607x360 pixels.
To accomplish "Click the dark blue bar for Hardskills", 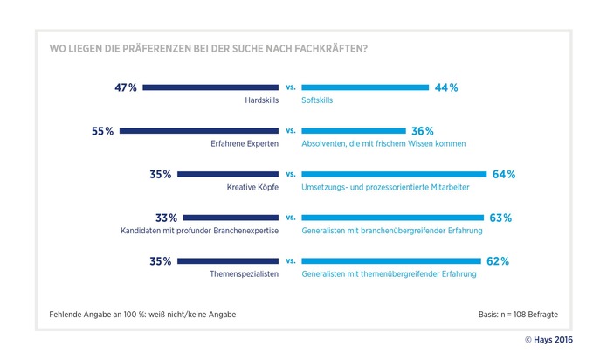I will point(210,87).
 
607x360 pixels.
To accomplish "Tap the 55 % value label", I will point(103,131).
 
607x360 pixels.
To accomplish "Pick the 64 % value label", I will point(504,175).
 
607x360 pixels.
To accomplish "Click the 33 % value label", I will point(167,218).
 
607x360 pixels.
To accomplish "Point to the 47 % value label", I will point(126,87).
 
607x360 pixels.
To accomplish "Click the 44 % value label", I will point(447,87).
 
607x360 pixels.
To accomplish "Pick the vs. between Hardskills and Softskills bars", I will point(290,87).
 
